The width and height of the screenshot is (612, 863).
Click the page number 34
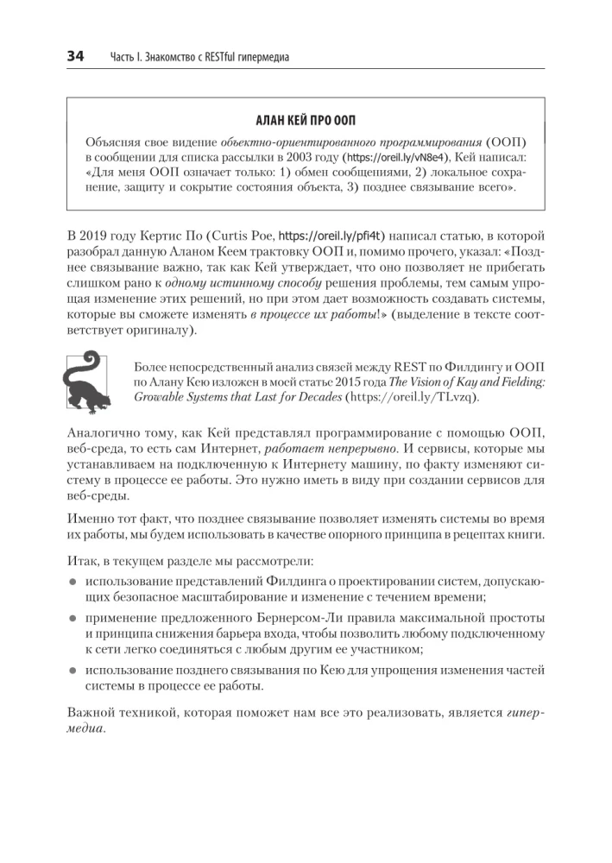click(x=75, y=57)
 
